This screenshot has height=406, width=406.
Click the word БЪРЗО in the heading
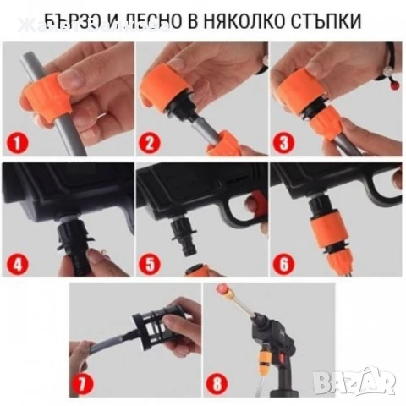click(x=69, y=19)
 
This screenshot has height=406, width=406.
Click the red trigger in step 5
click(x=251, y=202)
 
